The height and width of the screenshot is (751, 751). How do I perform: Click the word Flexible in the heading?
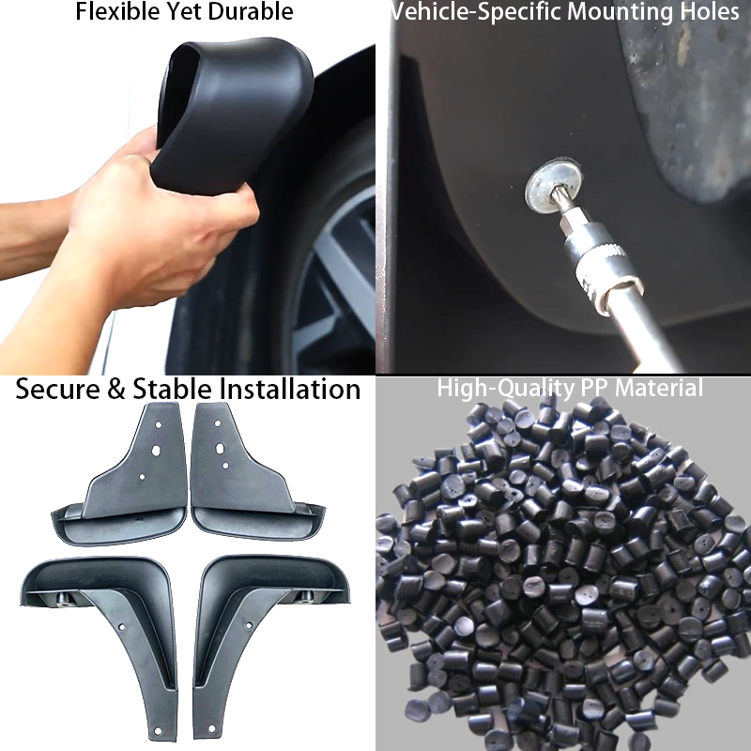coord(114,11)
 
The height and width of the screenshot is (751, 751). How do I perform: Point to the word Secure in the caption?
coord(56,389)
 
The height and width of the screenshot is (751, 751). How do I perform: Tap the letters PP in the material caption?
coord(594,388)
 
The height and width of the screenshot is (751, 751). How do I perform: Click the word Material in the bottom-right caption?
coord(659,388)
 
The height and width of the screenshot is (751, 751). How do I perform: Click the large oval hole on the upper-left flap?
coord(156,451)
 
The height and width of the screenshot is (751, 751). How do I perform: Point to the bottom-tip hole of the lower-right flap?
coord(212,729)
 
